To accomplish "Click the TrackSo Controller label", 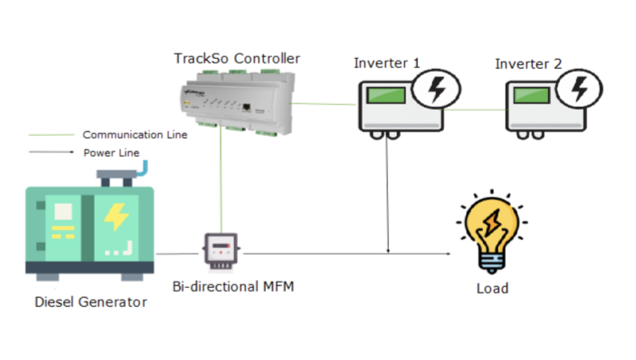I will [237, 58].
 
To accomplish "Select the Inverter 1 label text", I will [387, 63].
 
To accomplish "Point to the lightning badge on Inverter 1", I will [436, 89].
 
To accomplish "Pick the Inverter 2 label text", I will [528, 64].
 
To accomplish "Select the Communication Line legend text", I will [135, 135].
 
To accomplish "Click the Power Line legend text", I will [111, 153].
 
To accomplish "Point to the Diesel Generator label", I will [91, 302].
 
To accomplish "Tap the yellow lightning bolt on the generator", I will [116, 217].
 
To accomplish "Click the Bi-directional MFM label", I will [233, 286].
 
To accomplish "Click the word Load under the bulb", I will [492, 289].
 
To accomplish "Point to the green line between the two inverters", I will [474, 110].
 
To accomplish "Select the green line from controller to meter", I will [220, 181].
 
